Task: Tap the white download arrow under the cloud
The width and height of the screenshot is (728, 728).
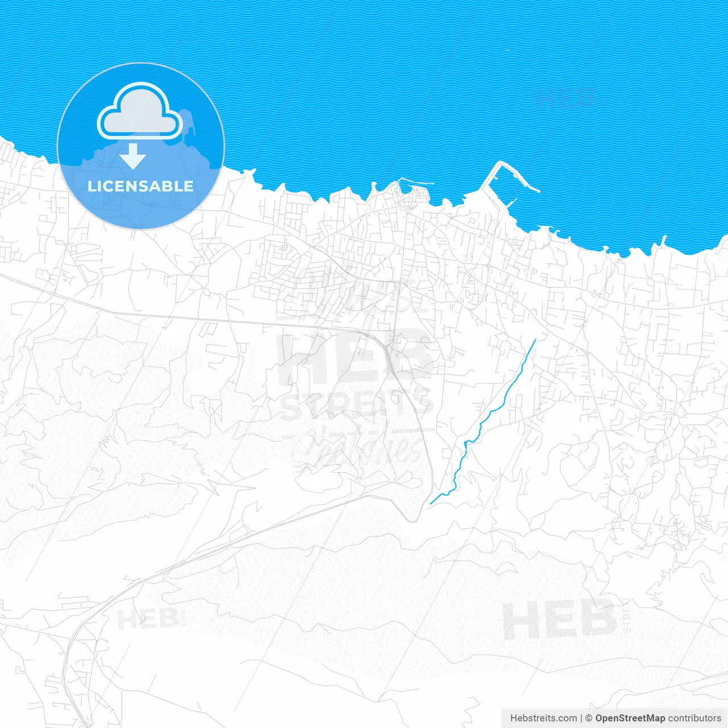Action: point(133,156)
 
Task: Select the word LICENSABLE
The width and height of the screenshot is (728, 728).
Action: point(140,186)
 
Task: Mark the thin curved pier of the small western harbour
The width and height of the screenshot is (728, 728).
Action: point(416,183)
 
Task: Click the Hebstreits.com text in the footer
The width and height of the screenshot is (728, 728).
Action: point(544,718)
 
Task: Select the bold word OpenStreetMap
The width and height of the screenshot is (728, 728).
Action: point(630,718)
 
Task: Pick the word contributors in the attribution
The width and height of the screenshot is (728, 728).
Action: point(694,718)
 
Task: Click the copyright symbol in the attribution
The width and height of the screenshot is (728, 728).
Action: point(589,718)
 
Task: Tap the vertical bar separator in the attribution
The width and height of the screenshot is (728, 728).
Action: point(581,718)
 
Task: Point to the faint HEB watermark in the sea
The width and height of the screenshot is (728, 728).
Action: point(566,98)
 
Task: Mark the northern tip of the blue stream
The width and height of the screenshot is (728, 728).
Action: point(535,340)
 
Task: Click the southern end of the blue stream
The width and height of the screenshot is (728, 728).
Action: point(431,503)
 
